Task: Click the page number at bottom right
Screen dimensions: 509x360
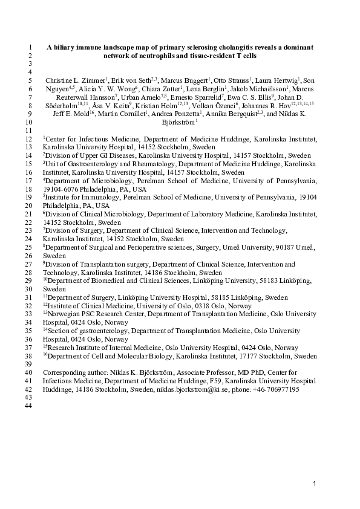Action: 315,485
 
